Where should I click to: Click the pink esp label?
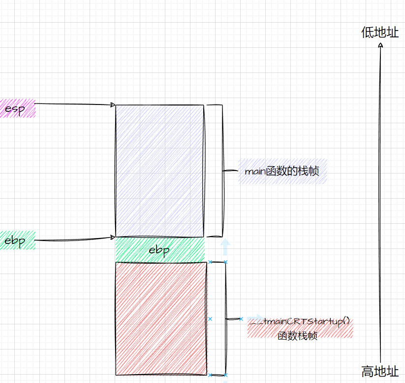point(16,108)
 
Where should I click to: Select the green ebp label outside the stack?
point(16,241)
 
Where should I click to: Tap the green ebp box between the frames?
point(159,250)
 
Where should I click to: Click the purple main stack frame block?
point(159,171)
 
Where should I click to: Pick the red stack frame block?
point(161,318)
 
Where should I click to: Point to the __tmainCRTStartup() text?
point(300,322)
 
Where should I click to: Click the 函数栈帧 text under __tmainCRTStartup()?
point(297,336)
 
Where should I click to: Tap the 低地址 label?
point(380,33)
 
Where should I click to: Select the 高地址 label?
point(380,371)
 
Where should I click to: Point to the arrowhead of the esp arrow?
point(113,104)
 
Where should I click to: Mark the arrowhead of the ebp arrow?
point(113,238)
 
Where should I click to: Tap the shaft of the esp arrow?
point(74,104)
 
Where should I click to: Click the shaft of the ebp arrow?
point(74,240)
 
